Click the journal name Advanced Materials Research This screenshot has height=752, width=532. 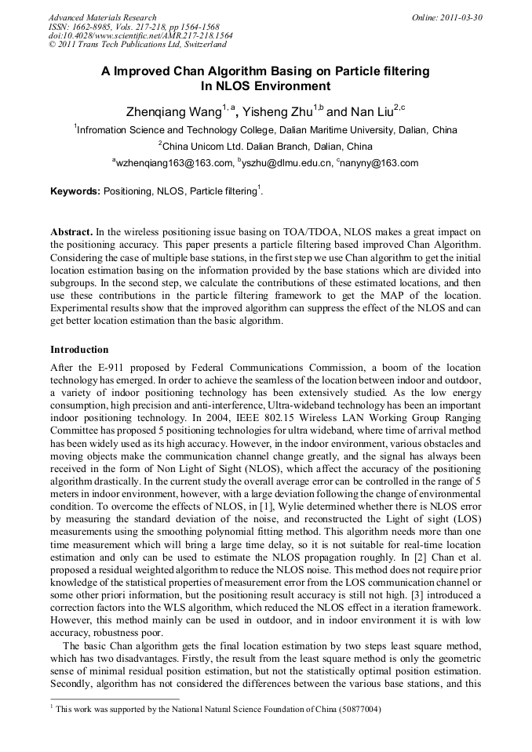(x=102, y=17)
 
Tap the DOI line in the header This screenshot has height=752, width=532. (x=140, y=36)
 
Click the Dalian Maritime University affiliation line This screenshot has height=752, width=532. (x=265, y=129)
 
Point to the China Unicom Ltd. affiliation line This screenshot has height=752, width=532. (x=265, y=147)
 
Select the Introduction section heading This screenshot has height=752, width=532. (x=79, y=349)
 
